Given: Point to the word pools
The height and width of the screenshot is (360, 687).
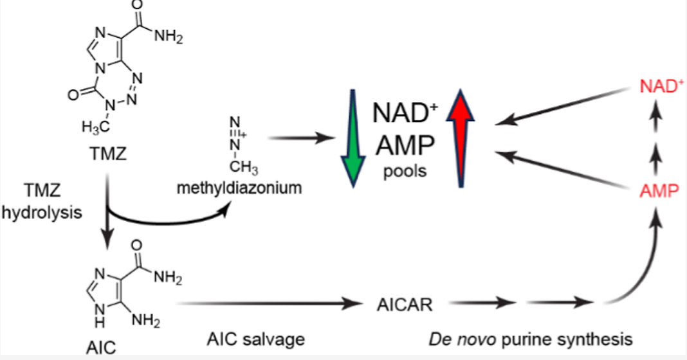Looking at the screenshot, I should pyautogui.click(x=405, y=174).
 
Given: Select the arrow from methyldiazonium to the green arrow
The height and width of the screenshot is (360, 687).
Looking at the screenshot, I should pyautogui.click(x=302, y=138).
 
